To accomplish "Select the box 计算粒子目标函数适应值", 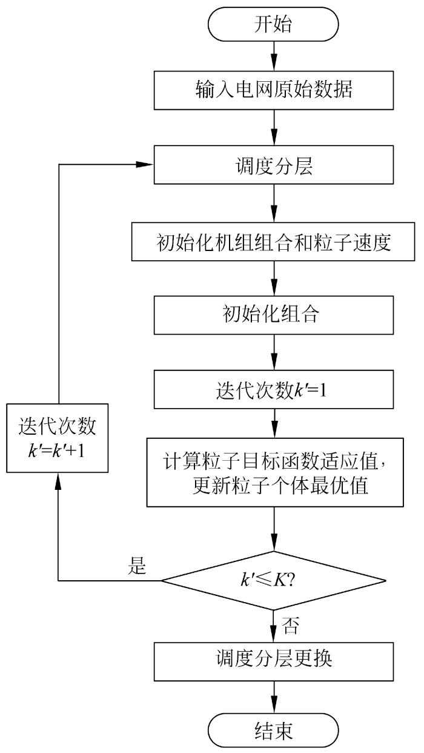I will (274, 472).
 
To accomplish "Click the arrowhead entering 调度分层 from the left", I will (147, 164).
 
